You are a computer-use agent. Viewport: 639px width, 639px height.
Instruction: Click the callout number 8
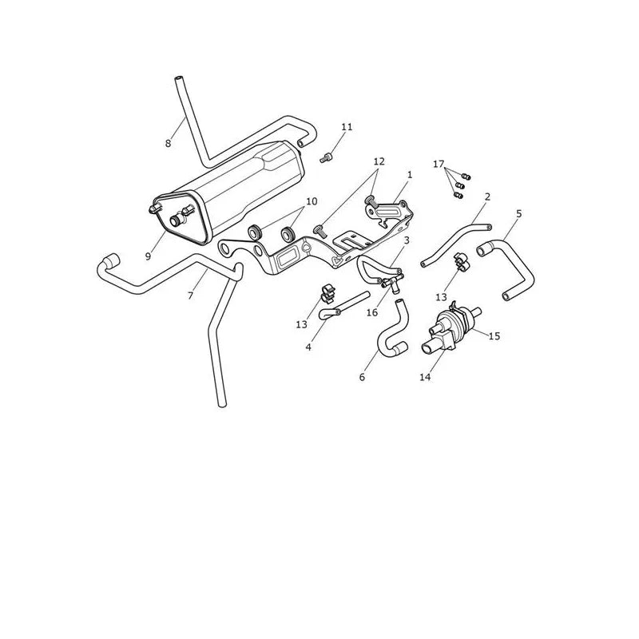point(168,144)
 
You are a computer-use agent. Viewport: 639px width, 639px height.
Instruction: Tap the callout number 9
point(148,256)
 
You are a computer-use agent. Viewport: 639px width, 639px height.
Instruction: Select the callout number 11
point(347,127)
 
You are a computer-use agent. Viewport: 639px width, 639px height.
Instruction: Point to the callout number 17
point(439,165)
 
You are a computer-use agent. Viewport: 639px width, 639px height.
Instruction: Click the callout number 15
point(494,336)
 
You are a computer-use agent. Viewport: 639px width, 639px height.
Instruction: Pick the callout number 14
point(425,377)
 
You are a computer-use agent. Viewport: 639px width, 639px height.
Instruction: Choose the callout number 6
point(363,377)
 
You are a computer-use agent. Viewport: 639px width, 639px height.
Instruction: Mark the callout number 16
point(372,312)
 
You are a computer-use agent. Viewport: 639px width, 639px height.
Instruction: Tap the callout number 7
point(190,296)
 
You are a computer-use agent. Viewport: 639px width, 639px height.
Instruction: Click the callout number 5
point(518,213)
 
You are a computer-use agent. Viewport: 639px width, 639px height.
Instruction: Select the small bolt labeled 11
point(327,157)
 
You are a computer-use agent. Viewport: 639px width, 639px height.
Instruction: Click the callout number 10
point(312,201)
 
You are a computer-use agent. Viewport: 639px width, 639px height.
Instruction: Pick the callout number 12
point(379,161)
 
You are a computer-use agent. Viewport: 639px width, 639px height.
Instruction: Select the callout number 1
point(410,175)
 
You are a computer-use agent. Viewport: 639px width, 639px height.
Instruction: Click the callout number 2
point(487,196)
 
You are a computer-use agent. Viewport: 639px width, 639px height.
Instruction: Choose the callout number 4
point(308,347)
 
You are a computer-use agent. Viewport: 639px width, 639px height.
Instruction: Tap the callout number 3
point(407,240)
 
